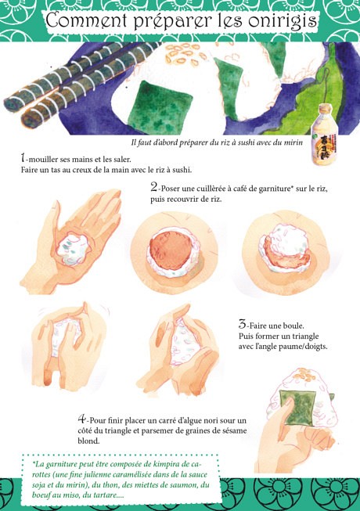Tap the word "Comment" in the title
(x=86, y=20)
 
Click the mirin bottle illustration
(x=324, y=135)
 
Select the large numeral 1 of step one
(x=23, y=158)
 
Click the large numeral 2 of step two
(x=153, y=187)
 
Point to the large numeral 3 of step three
(x=242, y=324)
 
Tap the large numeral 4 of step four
(x=81, y=419)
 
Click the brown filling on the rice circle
(x=170, y=250)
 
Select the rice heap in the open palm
(x=74, y=250)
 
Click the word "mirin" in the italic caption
(x=293, y=142)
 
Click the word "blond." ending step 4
(x=88, y=441)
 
